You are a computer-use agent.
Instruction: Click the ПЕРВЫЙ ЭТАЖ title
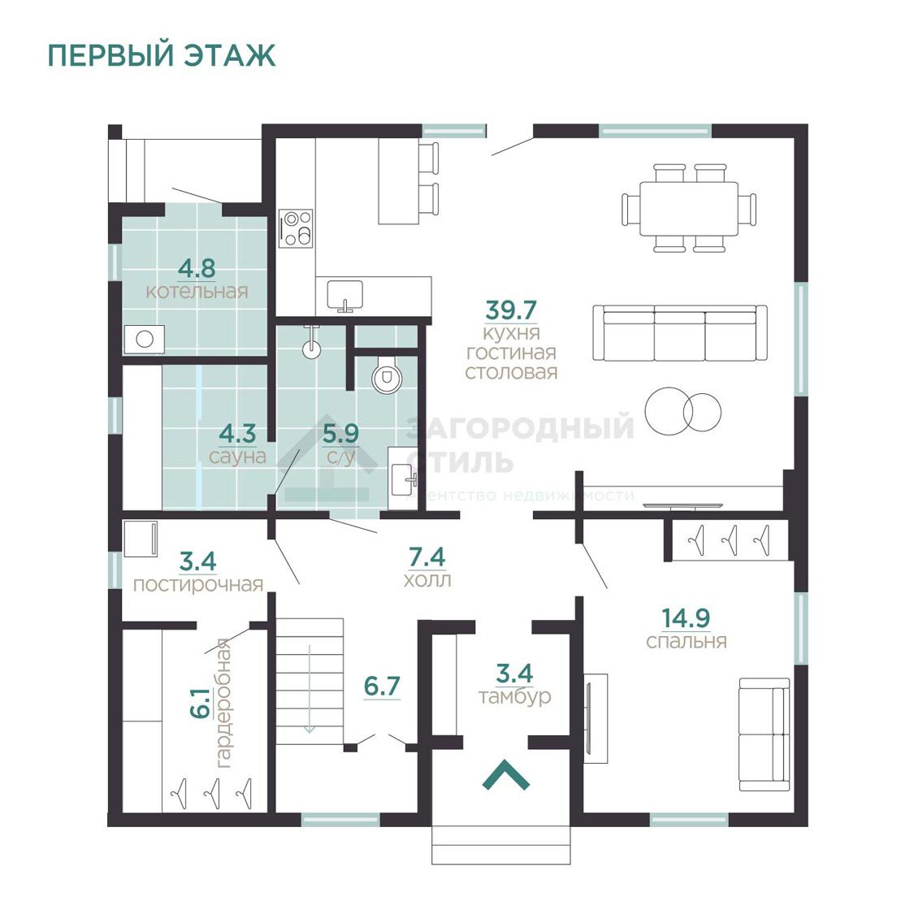[x=162, y=55]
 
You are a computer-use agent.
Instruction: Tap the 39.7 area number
[x=511, y=310]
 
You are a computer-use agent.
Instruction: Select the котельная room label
[x=197, y=291]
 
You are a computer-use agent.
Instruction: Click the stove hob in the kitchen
[x=296, y=228]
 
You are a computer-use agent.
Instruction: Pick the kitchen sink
[x=345, y=295]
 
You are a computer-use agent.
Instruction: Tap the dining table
[x=689, y=208]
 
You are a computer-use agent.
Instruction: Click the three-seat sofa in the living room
[x=680, y=333]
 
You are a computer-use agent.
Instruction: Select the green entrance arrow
[x=506, y=775]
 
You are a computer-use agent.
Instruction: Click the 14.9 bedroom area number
[x=686, y=618]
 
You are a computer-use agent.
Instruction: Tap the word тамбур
[x=514, y=696]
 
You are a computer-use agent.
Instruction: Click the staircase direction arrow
[x=309, y=688]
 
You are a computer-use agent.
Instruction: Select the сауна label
[x=237, y=456]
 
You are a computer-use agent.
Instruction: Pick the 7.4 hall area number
[x=427, y=557]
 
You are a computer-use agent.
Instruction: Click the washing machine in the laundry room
[x=141, y=538]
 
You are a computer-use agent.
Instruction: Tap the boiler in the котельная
[x=145, y=340]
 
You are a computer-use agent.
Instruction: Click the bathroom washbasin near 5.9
[x=403, y=479]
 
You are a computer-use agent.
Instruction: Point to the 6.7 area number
[x=382, y=686]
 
